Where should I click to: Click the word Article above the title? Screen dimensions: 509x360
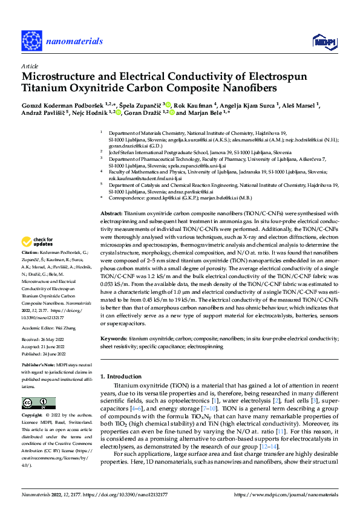click(x=29, y=66)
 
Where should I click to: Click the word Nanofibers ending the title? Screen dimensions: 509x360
click(x=249, y=88)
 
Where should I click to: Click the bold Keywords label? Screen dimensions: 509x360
click(x=113, y=340)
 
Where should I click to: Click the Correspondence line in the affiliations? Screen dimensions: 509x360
click(x=178, y=198)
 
